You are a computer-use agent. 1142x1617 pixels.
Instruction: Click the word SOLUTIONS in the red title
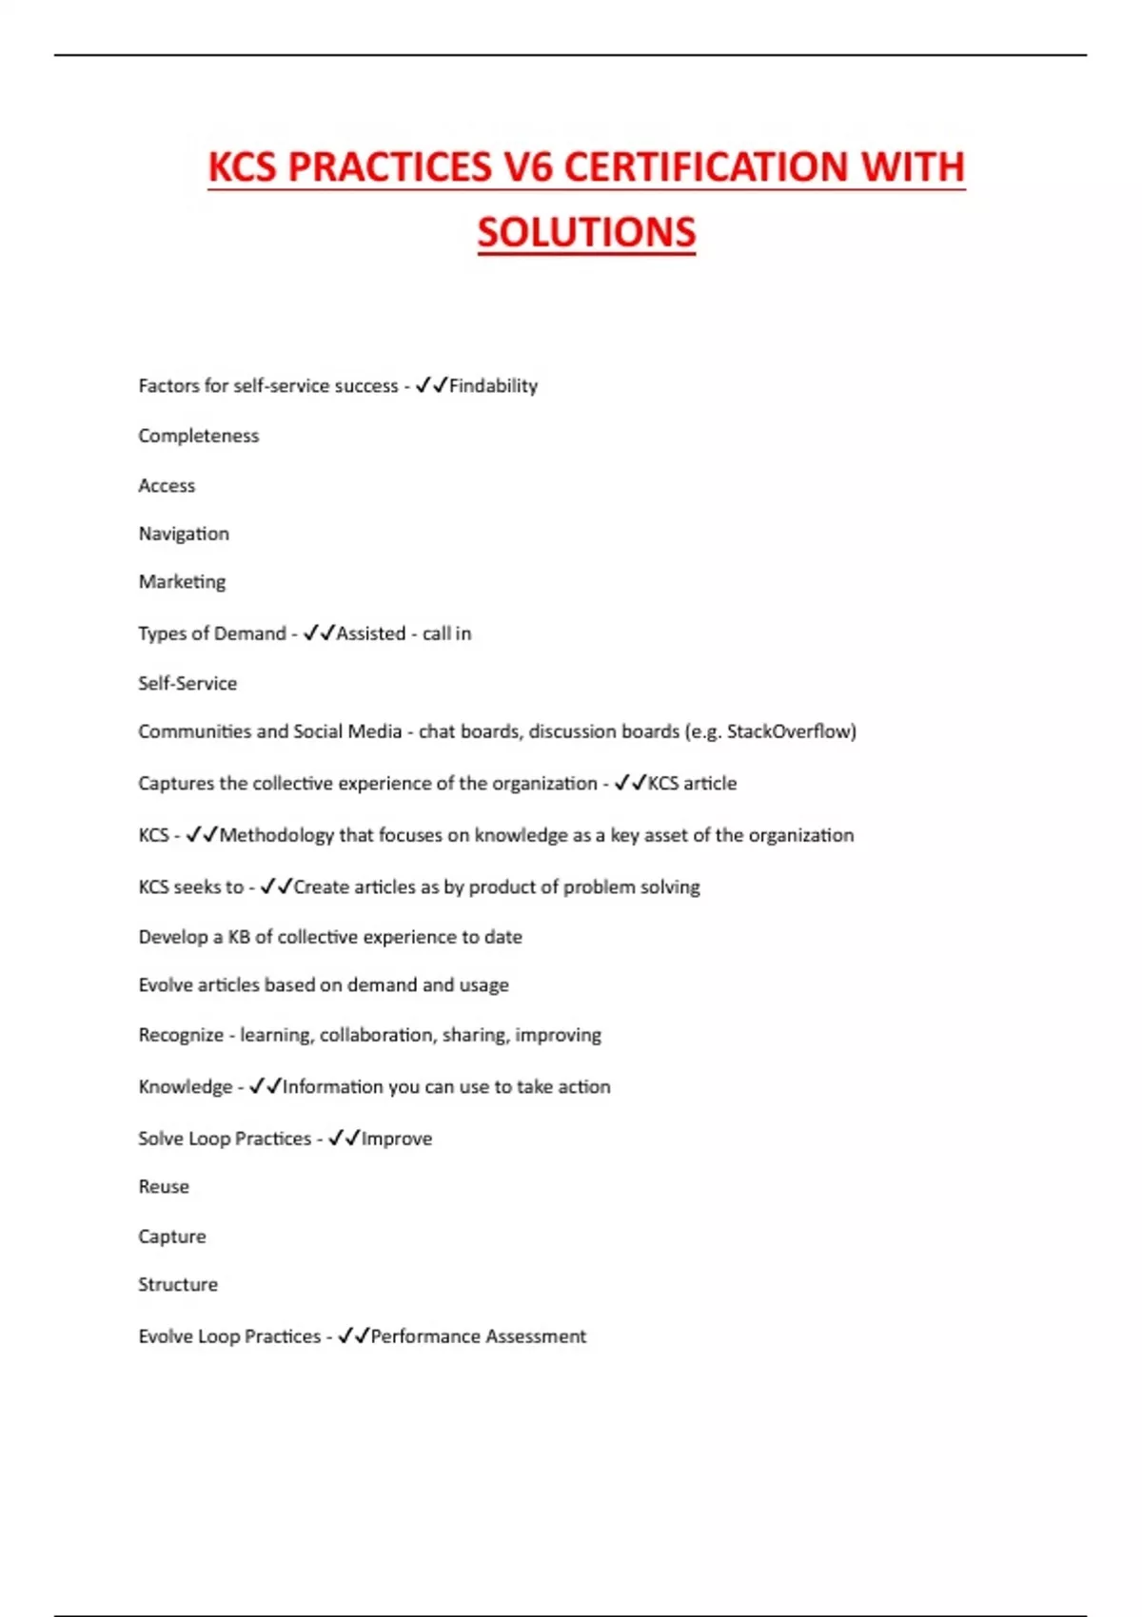click(586, 233)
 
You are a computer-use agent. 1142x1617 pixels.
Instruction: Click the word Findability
click(493, 386)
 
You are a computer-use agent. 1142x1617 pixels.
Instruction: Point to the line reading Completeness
click(198, 436)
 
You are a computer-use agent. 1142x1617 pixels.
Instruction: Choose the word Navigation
click(184, 534)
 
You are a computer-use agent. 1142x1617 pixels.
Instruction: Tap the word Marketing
click(182, 582)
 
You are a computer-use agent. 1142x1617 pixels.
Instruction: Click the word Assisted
click(371, 633)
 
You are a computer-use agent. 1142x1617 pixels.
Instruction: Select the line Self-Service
click(187, 683)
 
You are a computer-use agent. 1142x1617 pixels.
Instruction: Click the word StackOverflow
click(789, 731)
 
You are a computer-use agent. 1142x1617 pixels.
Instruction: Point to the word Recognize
click(181, 1035)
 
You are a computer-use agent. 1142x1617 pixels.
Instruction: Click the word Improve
click(397, 1139)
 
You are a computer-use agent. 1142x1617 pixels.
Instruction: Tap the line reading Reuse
click(164, 1187)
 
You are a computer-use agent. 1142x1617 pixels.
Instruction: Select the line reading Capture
click(172, 1237)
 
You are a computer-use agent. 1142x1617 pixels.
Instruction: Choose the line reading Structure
click(178, 1285)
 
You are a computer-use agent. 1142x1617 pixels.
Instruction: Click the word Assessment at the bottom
click(537, 1336)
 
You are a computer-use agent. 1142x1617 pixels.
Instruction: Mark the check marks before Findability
click(431, 385)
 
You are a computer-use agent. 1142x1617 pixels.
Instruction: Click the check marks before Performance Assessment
click(353, 1335)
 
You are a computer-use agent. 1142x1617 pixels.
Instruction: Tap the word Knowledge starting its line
click(185, 1087)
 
